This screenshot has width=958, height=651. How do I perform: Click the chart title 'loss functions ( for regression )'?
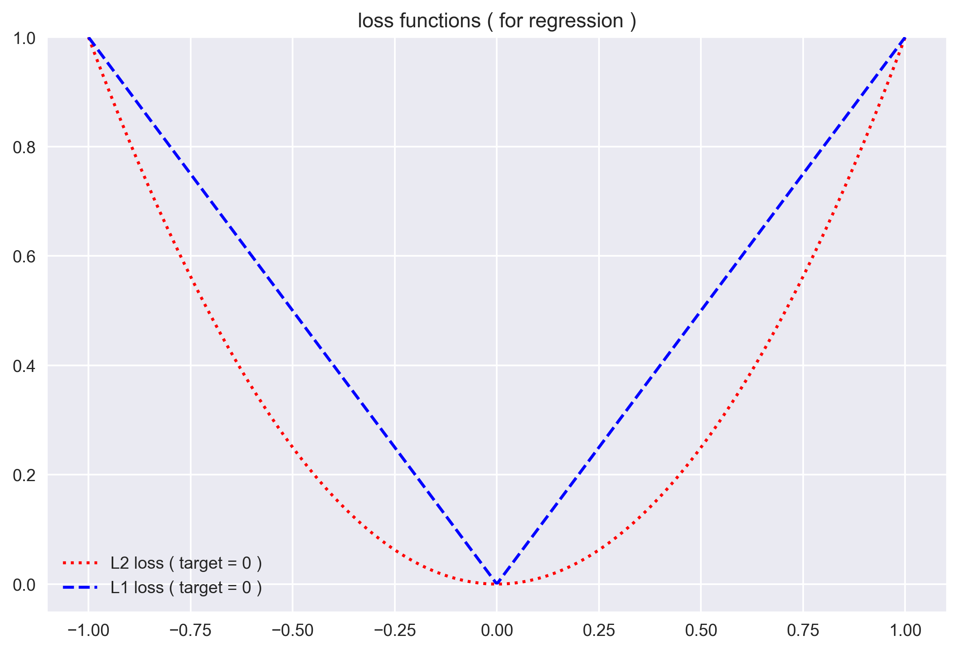click(497, 21)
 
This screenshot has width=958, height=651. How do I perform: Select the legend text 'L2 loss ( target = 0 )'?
click(186, 563)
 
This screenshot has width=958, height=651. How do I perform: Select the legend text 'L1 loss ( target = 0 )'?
click(186, 587)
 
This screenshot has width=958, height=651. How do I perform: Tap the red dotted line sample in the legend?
click(80, 563)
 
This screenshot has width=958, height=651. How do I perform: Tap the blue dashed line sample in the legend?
click(80, 587)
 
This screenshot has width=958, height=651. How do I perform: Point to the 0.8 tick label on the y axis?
click(24, 147)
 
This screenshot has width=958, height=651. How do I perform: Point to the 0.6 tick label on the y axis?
click(24, 257)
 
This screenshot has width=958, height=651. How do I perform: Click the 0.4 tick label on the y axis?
click(24, 366)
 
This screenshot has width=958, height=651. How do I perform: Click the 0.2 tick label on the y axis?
click(24, 475)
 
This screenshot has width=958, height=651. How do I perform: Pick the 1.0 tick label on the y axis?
click(24, 38)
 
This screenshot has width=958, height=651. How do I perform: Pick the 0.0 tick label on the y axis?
click(24, 585)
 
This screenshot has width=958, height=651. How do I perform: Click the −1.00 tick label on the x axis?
click(88, 630)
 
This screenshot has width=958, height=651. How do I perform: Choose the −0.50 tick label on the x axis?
click(292, 630)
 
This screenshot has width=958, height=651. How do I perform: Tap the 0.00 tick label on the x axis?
click(497, 630)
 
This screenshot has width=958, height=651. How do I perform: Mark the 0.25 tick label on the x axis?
click(599, 630)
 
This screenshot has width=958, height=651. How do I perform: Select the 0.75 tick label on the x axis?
click(803, 630)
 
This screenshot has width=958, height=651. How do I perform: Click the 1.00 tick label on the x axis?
click(905, 630)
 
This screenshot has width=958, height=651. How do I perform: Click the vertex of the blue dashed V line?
click(497, 583)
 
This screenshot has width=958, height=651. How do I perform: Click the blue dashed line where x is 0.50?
click(701, 311)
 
